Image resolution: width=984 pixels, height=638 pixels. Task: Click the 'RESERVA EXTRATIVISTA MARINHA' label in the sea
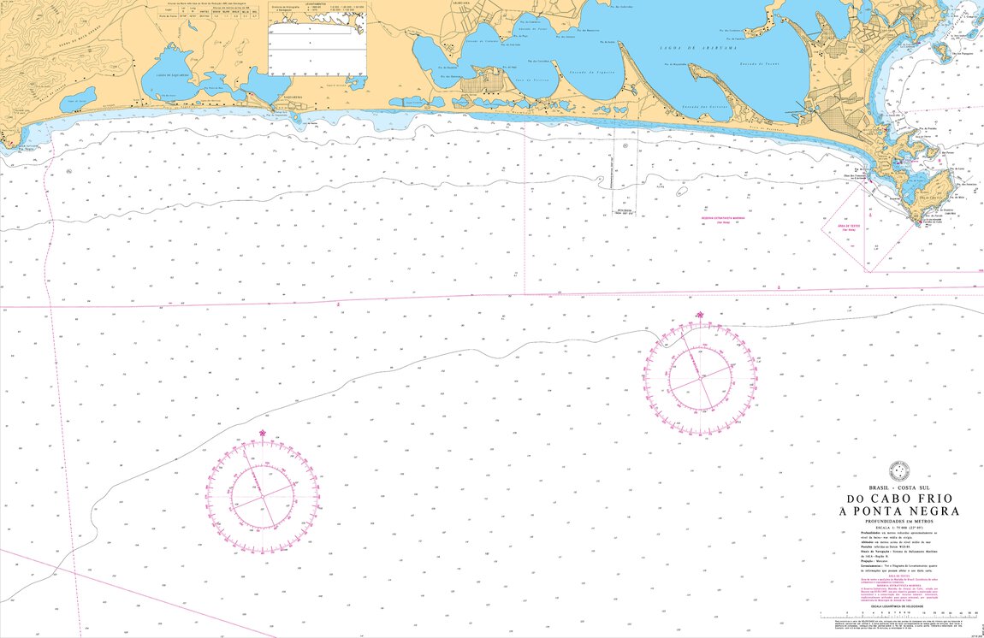(x=724, y=217)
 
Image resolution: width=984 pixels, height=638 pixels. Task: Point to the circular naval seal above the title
(x=898, y=470)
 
